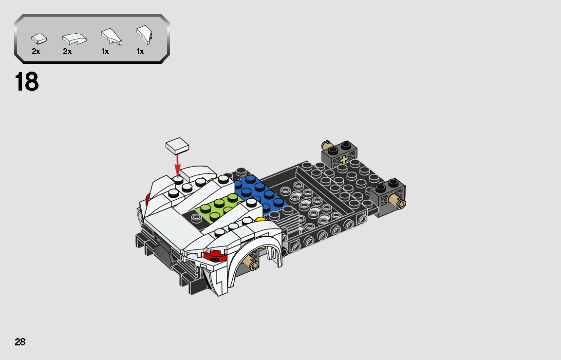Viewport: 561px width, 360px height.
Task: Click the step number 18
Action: (27, 82)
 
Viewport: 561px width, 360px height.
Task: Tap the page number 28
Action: (20, 341)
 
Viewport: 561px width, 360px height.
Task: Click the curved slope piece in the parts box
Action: (74, 38)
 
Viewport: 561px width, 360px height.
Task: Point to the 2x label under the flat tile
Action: (36, 51)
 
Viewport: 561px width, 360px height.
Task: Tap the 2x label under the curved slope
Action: (67, 51)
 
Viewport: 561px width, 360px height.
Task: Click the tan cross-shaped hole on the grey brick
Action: (345, 160)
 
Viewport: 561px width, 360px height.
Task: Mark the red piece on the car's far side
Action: (148, 198)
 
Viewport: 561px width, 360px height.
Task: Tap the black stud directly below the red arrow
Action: (179, 180)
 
